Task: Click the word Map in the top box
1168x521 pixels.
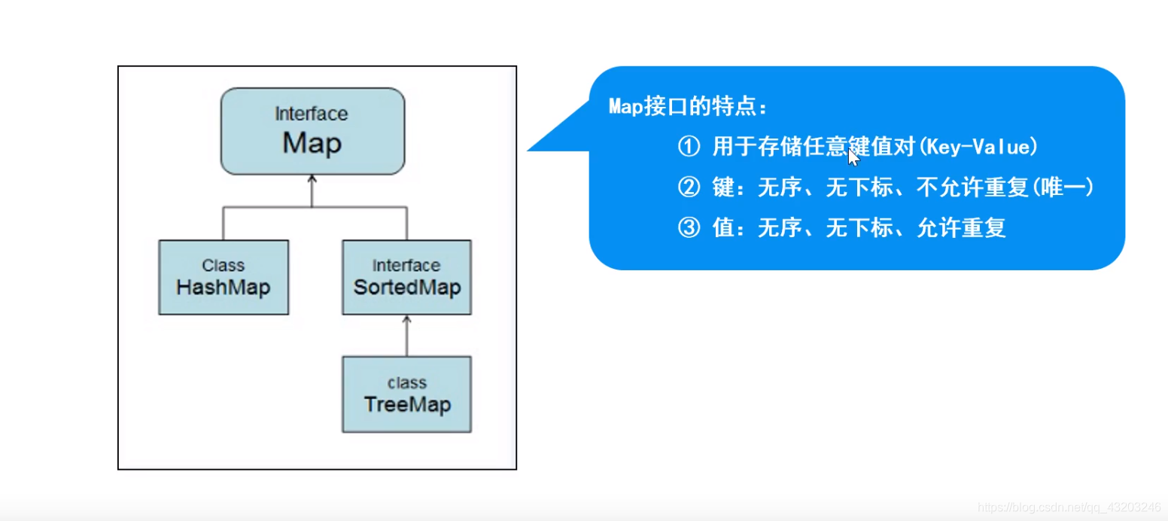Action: pos(312,143)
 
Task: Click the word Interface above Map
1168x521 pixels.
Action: pos(312,114)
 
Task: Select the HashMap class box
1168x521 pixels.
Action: pos(224,277)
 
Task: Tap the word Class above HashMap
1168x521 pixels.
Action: pos(224,266)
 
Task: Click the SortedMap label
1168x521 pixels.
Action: pos(407,288)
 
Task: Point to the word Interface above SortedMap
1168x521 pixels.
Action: pos(407,266)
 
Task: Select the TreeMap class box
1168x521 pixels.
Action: pos(407,395)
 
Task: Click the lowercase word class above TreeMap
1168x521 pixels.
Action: pos(407,383)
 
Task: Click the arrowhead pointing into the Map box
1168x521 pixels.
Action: pos(312,179)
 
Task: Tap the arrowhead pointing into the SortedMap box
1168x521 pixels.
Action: pos(407,319)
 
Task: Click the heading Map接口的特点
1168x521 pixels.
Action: pos(688,108)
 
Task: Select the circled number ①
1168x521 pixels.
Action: pos(689,148)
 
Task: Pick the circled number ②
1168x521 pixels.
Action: pos(689,188)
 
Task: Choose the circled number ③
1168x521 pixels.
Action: pos(689,228)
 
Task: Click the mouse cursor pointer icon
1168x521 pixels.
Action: pos(853,157)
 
